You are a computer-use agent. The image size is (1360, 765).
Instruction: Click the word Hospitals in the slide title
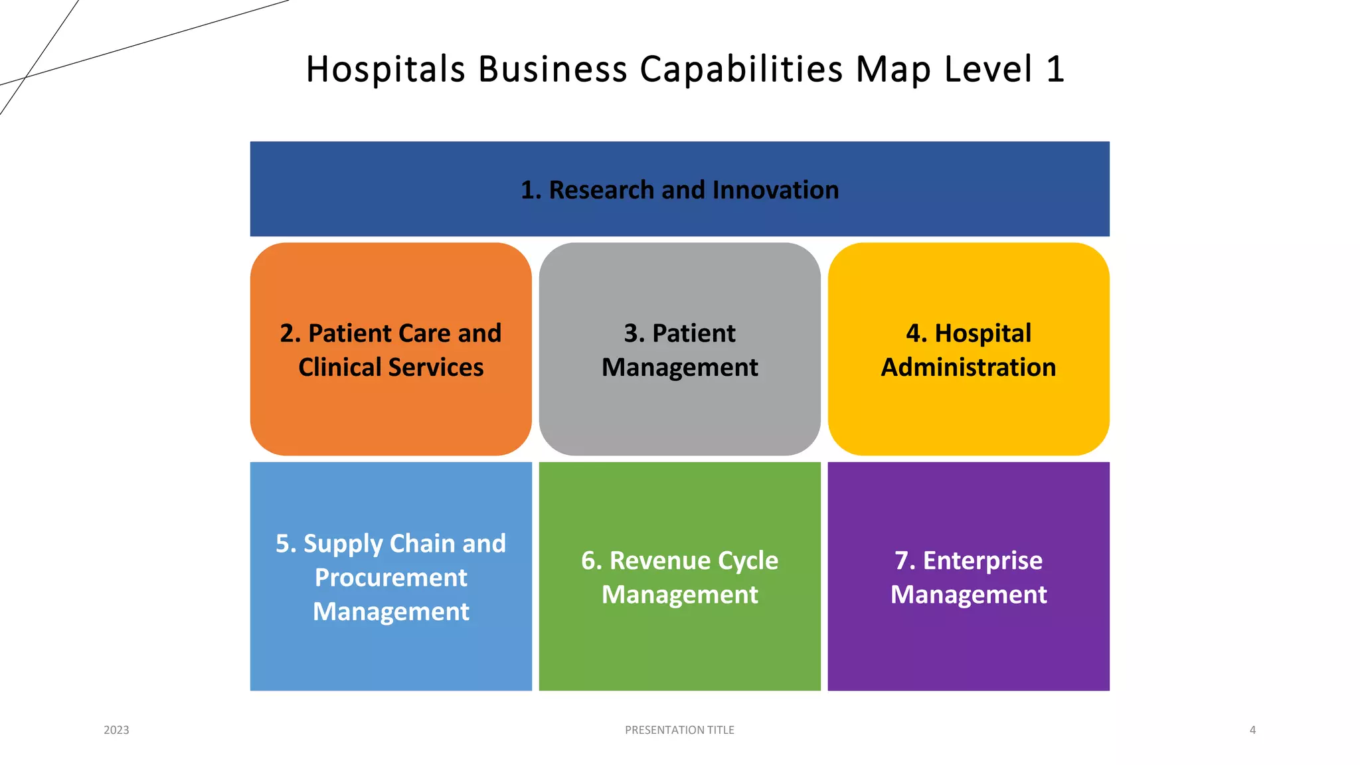click(385, 69)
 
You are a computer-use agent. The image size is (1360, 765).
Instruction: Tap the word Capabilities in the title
click(741, 69)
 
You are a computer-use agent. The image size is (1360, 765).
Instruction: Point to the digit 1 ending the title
click(1055, 69)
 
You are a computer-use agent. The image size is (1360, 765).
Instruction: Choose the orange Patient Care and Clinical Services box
click(390, 412)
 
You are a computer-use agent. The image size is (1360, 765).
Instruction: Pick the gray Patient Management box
click(679, 412)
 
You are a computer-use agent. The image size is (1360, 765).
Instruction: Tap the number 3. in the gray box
click(634, 333)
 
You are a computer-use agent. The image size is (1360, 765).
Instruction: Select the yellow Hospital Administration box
click(968, 412)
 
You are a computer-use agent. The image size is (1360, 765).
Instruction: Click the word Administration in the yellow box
click(968, 367)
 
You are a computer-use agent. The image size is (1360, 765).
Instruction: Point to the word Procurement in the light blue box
click(390, 578)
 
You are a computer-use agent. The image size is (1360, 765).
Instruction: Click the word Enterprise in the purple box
click(982, 560)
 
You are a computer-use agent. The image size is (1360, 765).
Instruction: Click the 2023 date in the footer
click(116, 730)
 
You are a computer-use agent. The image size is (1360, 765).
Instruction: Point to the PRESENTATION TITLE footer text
click(679, 730)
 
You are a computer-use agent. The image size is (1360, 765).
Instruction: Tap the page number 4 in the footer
click(1252, 730)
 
